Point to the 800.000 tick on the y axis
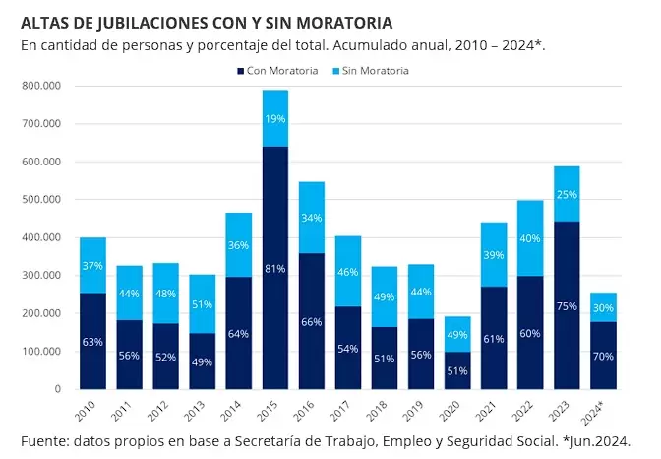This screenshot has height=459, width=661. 40,86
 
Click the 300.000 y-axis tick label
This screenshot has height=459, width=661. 40,276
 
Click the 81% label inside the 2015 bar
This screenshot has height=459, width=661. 275,268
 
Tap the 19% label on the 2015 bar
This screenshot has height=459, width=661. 275,119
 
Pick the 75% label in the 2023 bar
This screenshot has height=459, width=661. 567,306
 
